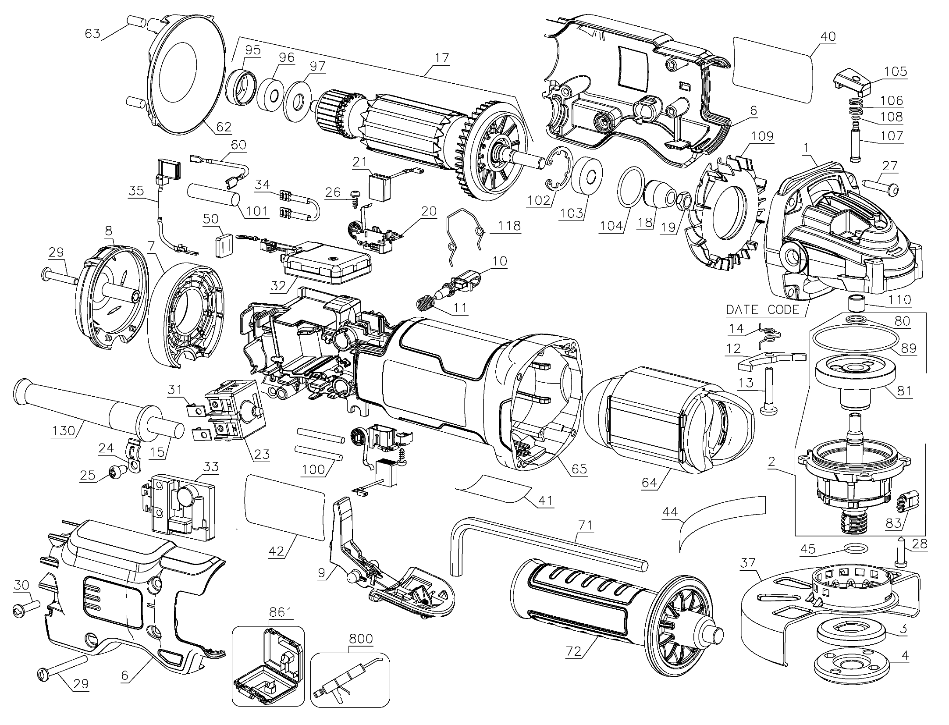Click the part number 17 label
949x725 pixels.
[442, 57]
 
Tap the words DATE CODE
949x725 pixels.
[763, 310]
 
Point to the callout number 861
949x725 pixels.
[281, 612]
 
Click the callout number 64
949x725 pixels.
[650, 482]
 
